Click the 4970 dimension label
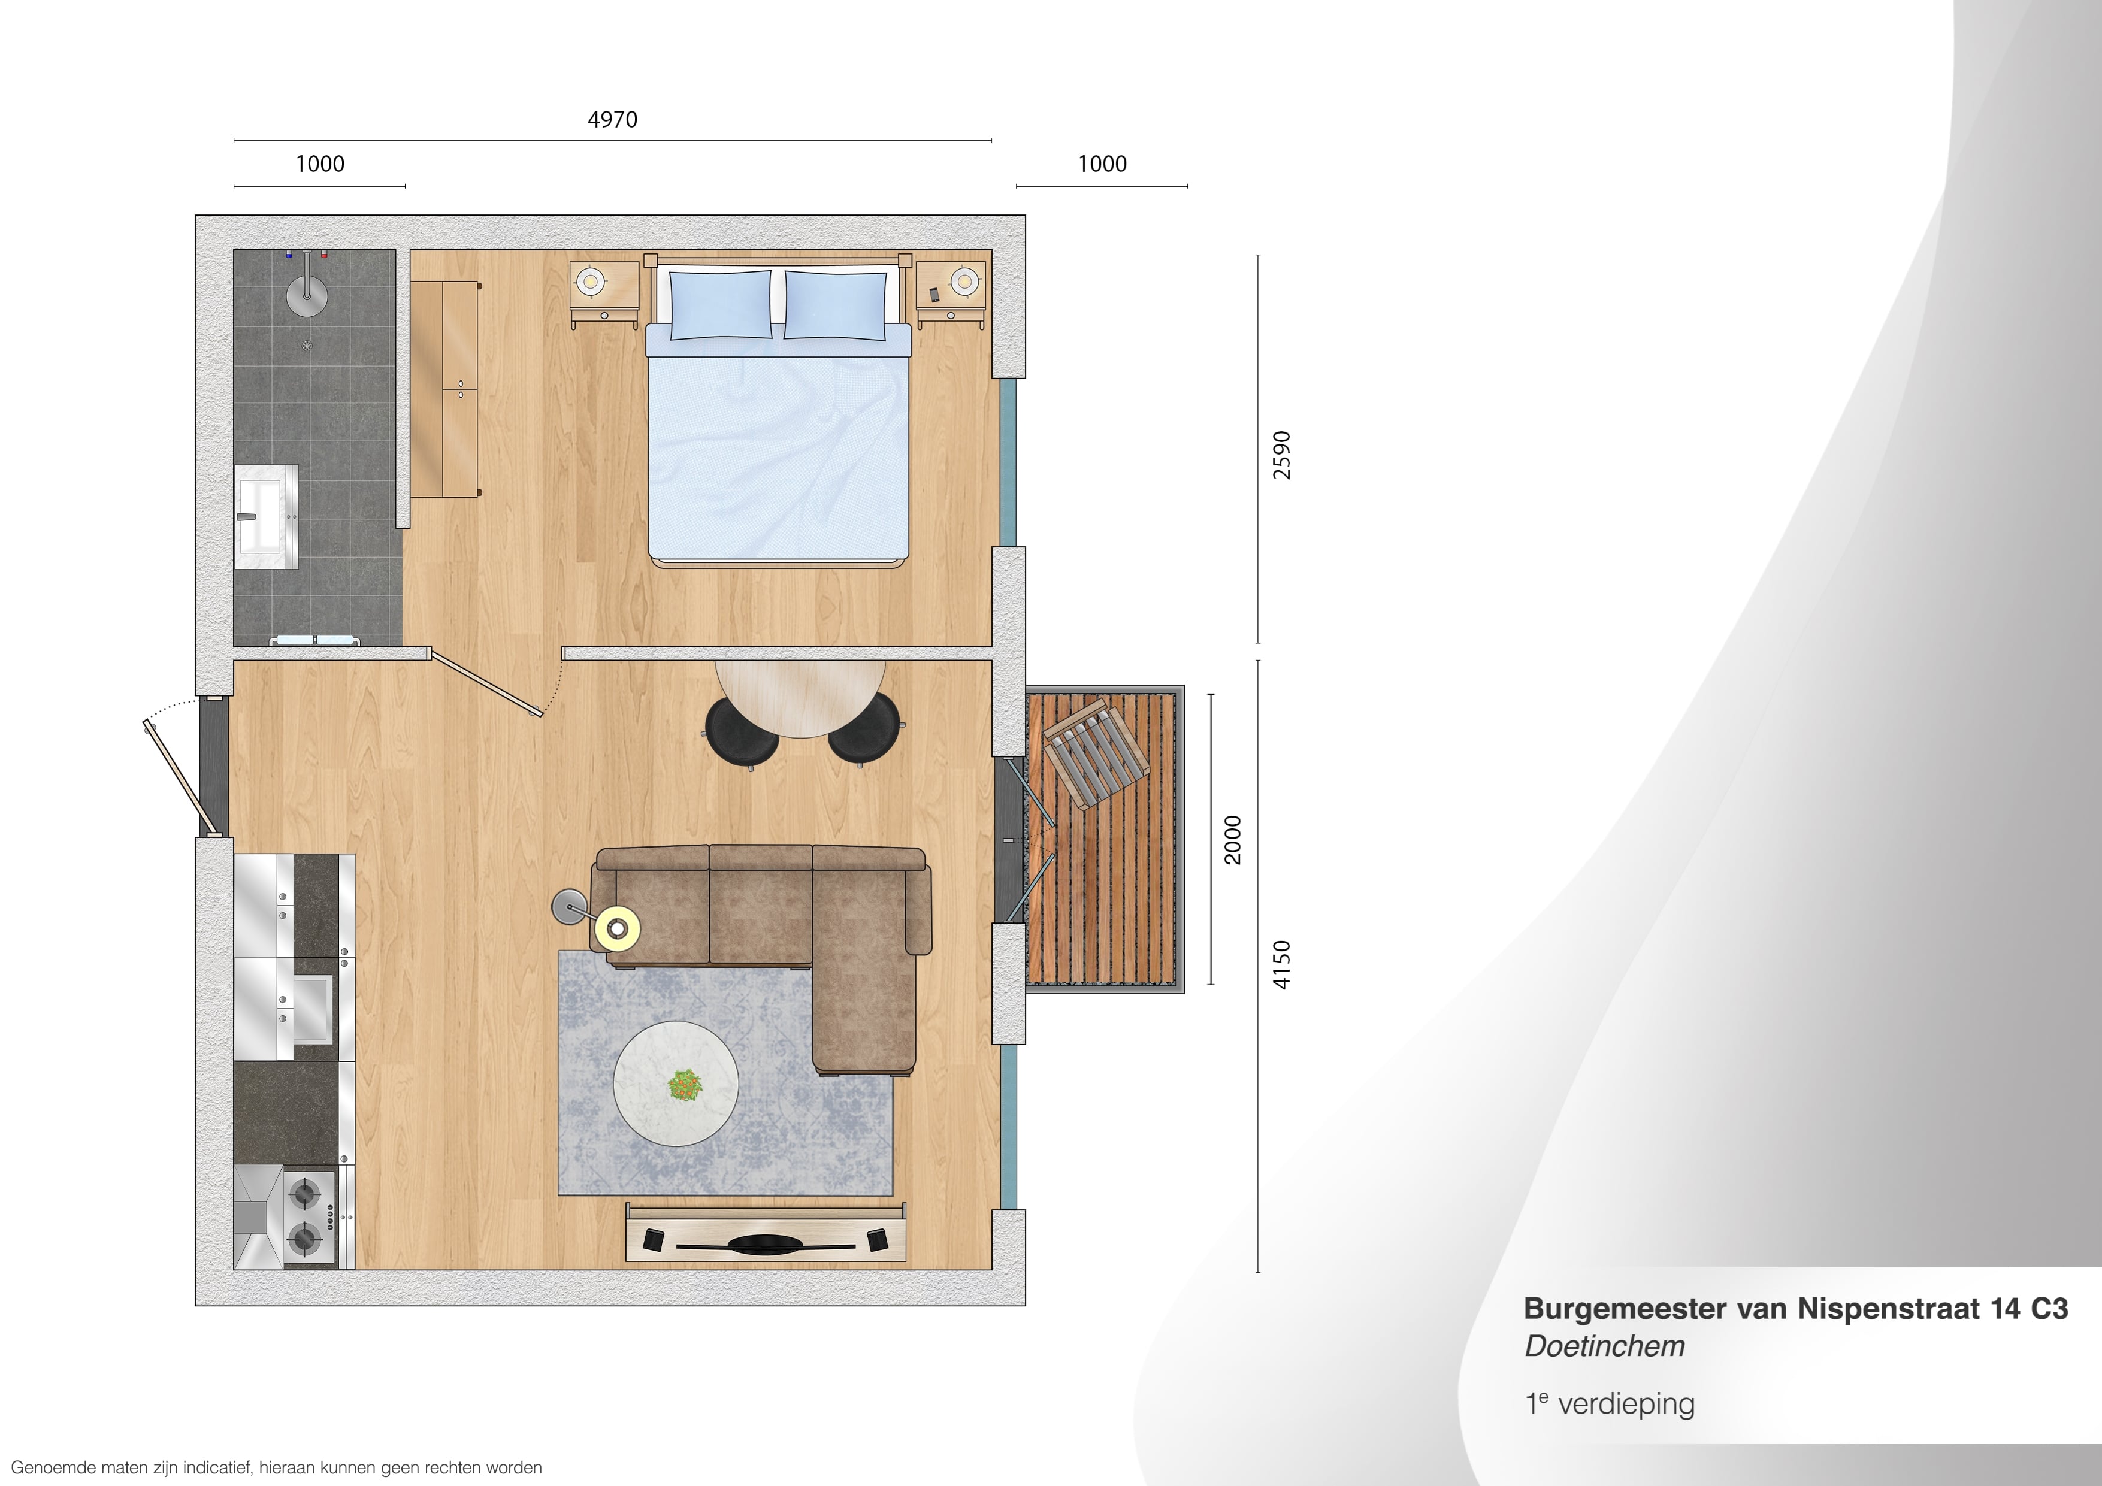[x=612, y=120]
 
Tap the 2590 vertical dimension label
[x=1282, y=455]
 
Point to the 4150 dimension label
[x=1282, y=965]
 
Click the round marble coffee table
[x=676, y=1083]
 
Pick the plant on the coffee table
[x=684, y=1086]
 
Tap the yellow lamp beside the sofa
[x=617, y=928]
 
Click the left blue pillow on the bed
[x=721, y=305]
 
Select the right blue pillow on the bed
[x=836, y=305]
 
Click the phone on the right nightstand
[x=934, y=295]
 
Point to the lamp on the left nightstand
[x=591, y=281]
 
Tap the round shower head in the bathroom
[x=307, y=293]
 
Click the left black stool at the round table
[x=742, y=733]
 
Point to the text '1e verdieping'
[x=1610, y=1403]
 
